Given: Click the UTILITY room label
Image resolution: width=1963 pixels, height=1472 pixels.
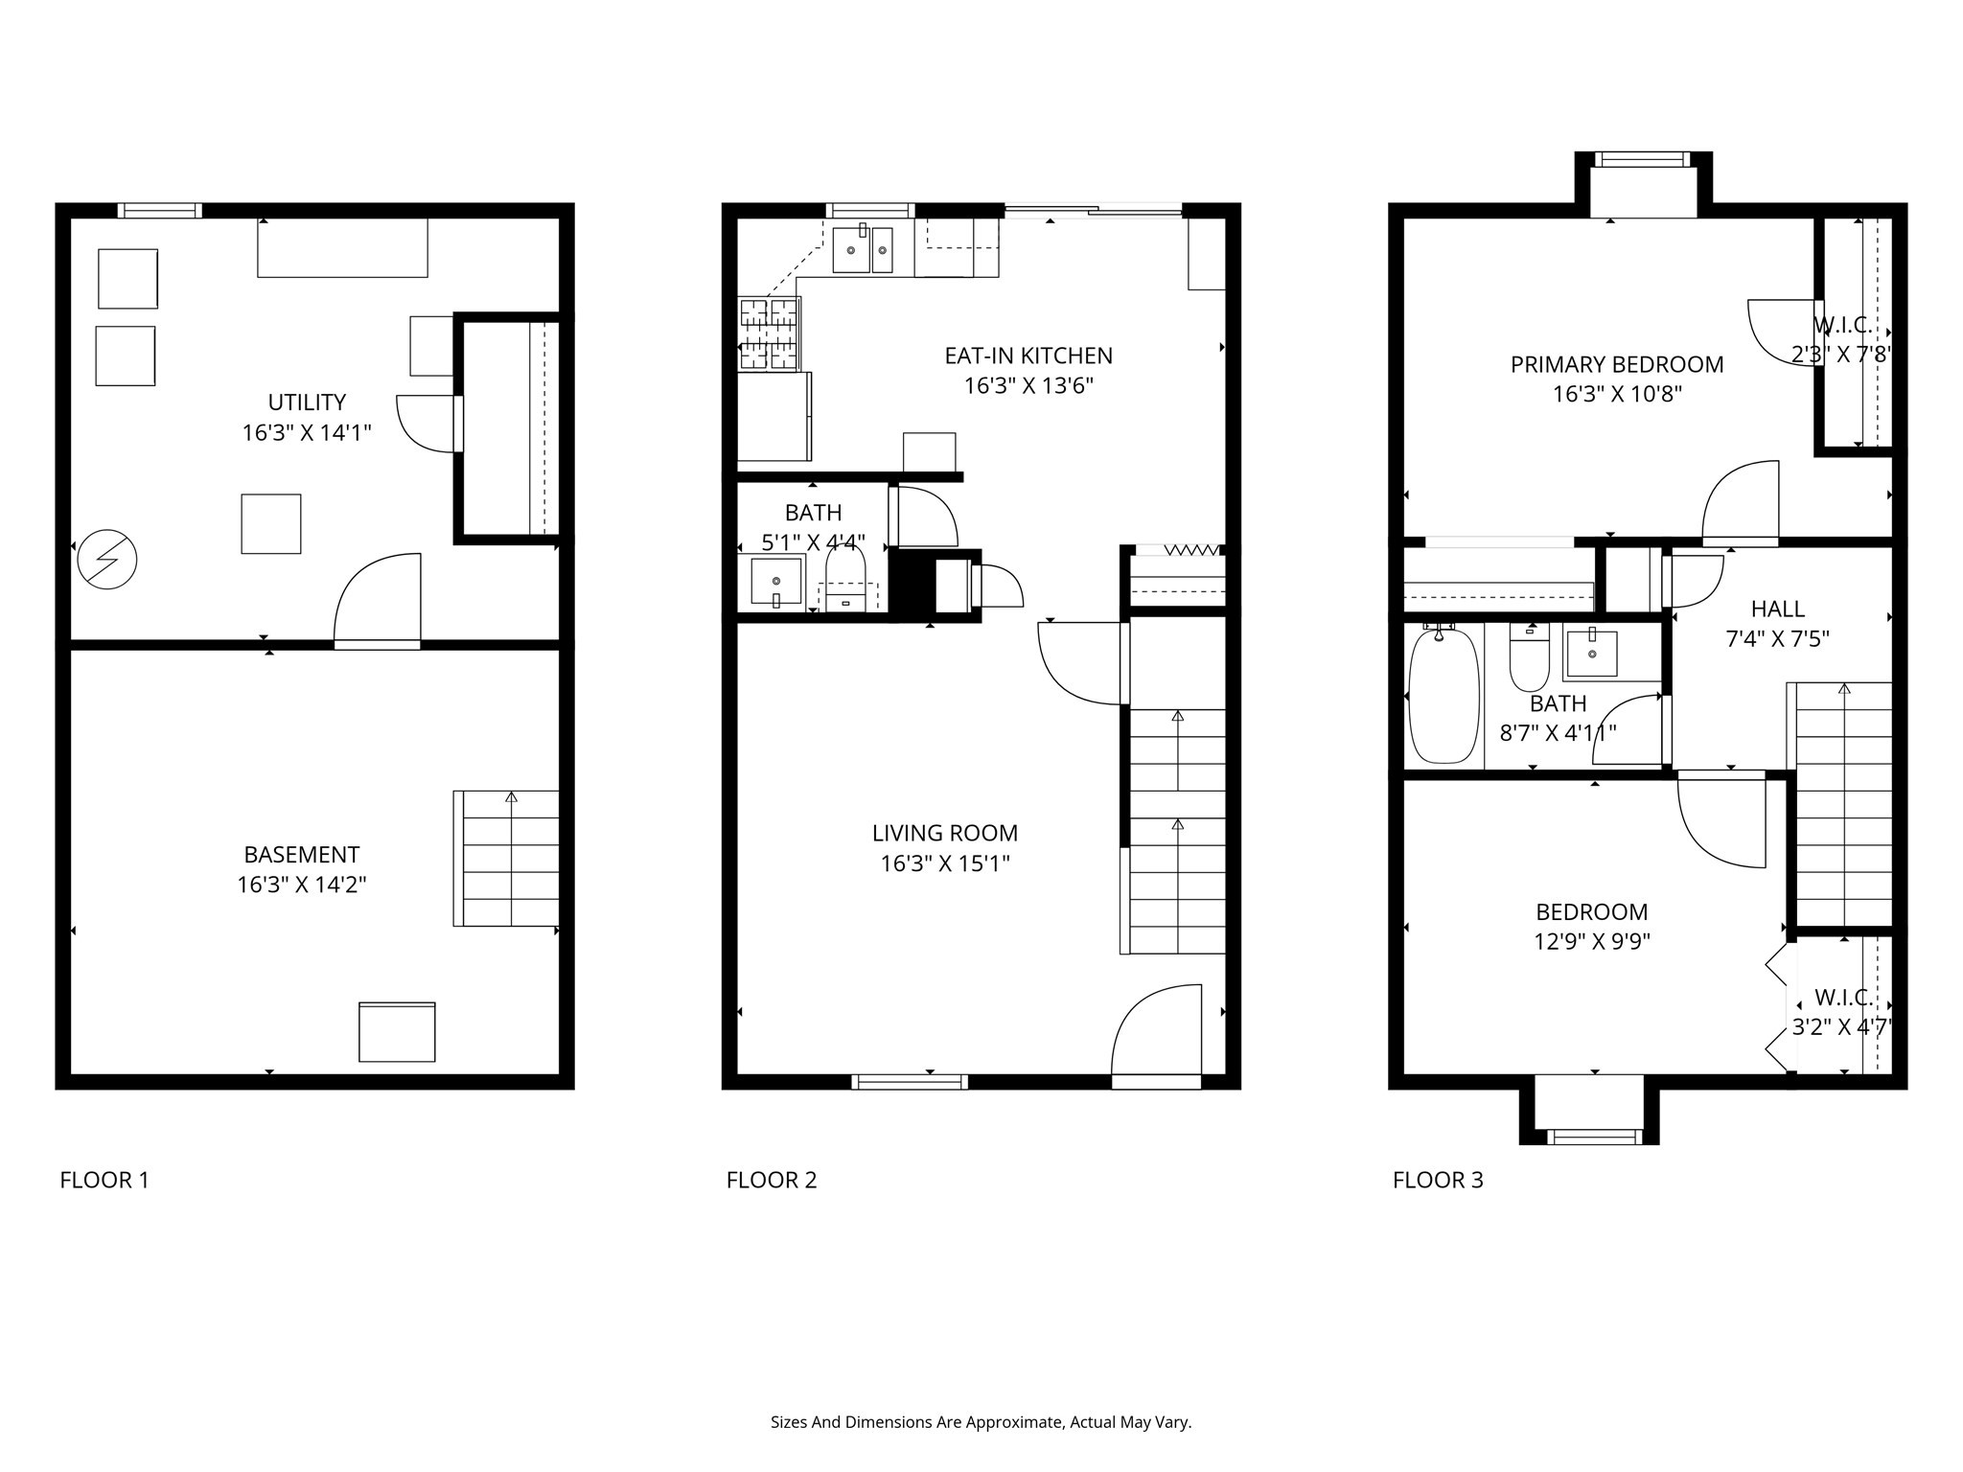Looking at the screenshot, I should click(x=307, y=402).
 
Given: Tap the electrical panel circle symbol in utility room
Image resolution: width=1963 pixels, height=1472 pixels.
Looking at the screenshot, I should click(x=107, y=559).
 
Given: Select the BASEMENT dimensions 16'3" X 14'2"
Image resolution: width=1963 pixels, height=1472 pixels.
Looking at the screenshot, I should click(x=302, y=885).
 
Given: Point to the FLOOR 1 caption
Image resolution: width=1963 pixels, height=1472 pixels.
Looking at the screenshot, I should click(x=104, y=1180).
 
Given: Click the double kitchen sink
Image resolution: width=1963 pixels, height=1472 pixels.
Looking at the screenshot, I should click(x=863, y=250).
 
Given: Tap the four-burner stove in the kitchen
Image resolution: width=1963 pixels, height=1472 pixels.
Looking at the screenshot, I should click(x=769, y=333).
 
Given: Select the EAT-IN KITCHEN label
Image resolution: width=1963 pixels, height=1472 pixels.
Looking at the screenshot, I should click(x=1028, y=356).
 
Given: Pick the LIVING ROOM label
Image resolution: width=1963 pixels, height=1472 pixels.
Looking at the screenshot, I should click(x=945, y=833).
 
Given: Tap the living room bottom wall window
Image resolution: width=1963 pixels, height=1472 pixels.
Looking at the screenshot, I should click(x=910, y=1082).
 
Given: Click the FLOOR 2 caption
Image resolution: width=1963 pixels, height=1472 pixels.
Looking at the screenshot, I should click(x=772, y=1180).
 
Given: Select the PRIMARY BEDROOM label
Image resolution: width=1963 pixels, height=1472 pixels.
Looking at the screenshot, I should click(x=1617, y=364).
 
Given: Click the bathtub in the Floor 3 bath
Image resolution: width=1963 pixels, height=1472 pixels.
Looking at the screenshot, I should click(x=1443, y=696).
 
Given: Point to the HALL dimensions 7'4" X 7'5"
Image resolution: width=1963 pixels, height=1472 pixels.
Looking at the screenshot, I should click(x=1778, y=639).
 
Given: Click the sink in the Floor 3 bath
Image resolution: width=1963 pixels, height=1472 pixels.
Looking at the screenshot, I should click(x=1592, y=651).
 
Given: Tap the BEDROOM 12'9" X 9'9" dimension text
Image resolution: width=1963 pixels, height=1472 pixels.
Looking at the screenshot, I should click(x=1592, y=942).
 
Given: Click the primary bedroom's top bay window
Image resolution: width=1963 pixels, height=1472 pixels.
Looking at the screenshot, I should click(x=1643, y=160).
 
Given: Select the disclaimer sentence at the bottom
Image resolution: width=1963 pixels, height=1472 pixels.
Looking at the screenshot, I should click(x=981, y=1423).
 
